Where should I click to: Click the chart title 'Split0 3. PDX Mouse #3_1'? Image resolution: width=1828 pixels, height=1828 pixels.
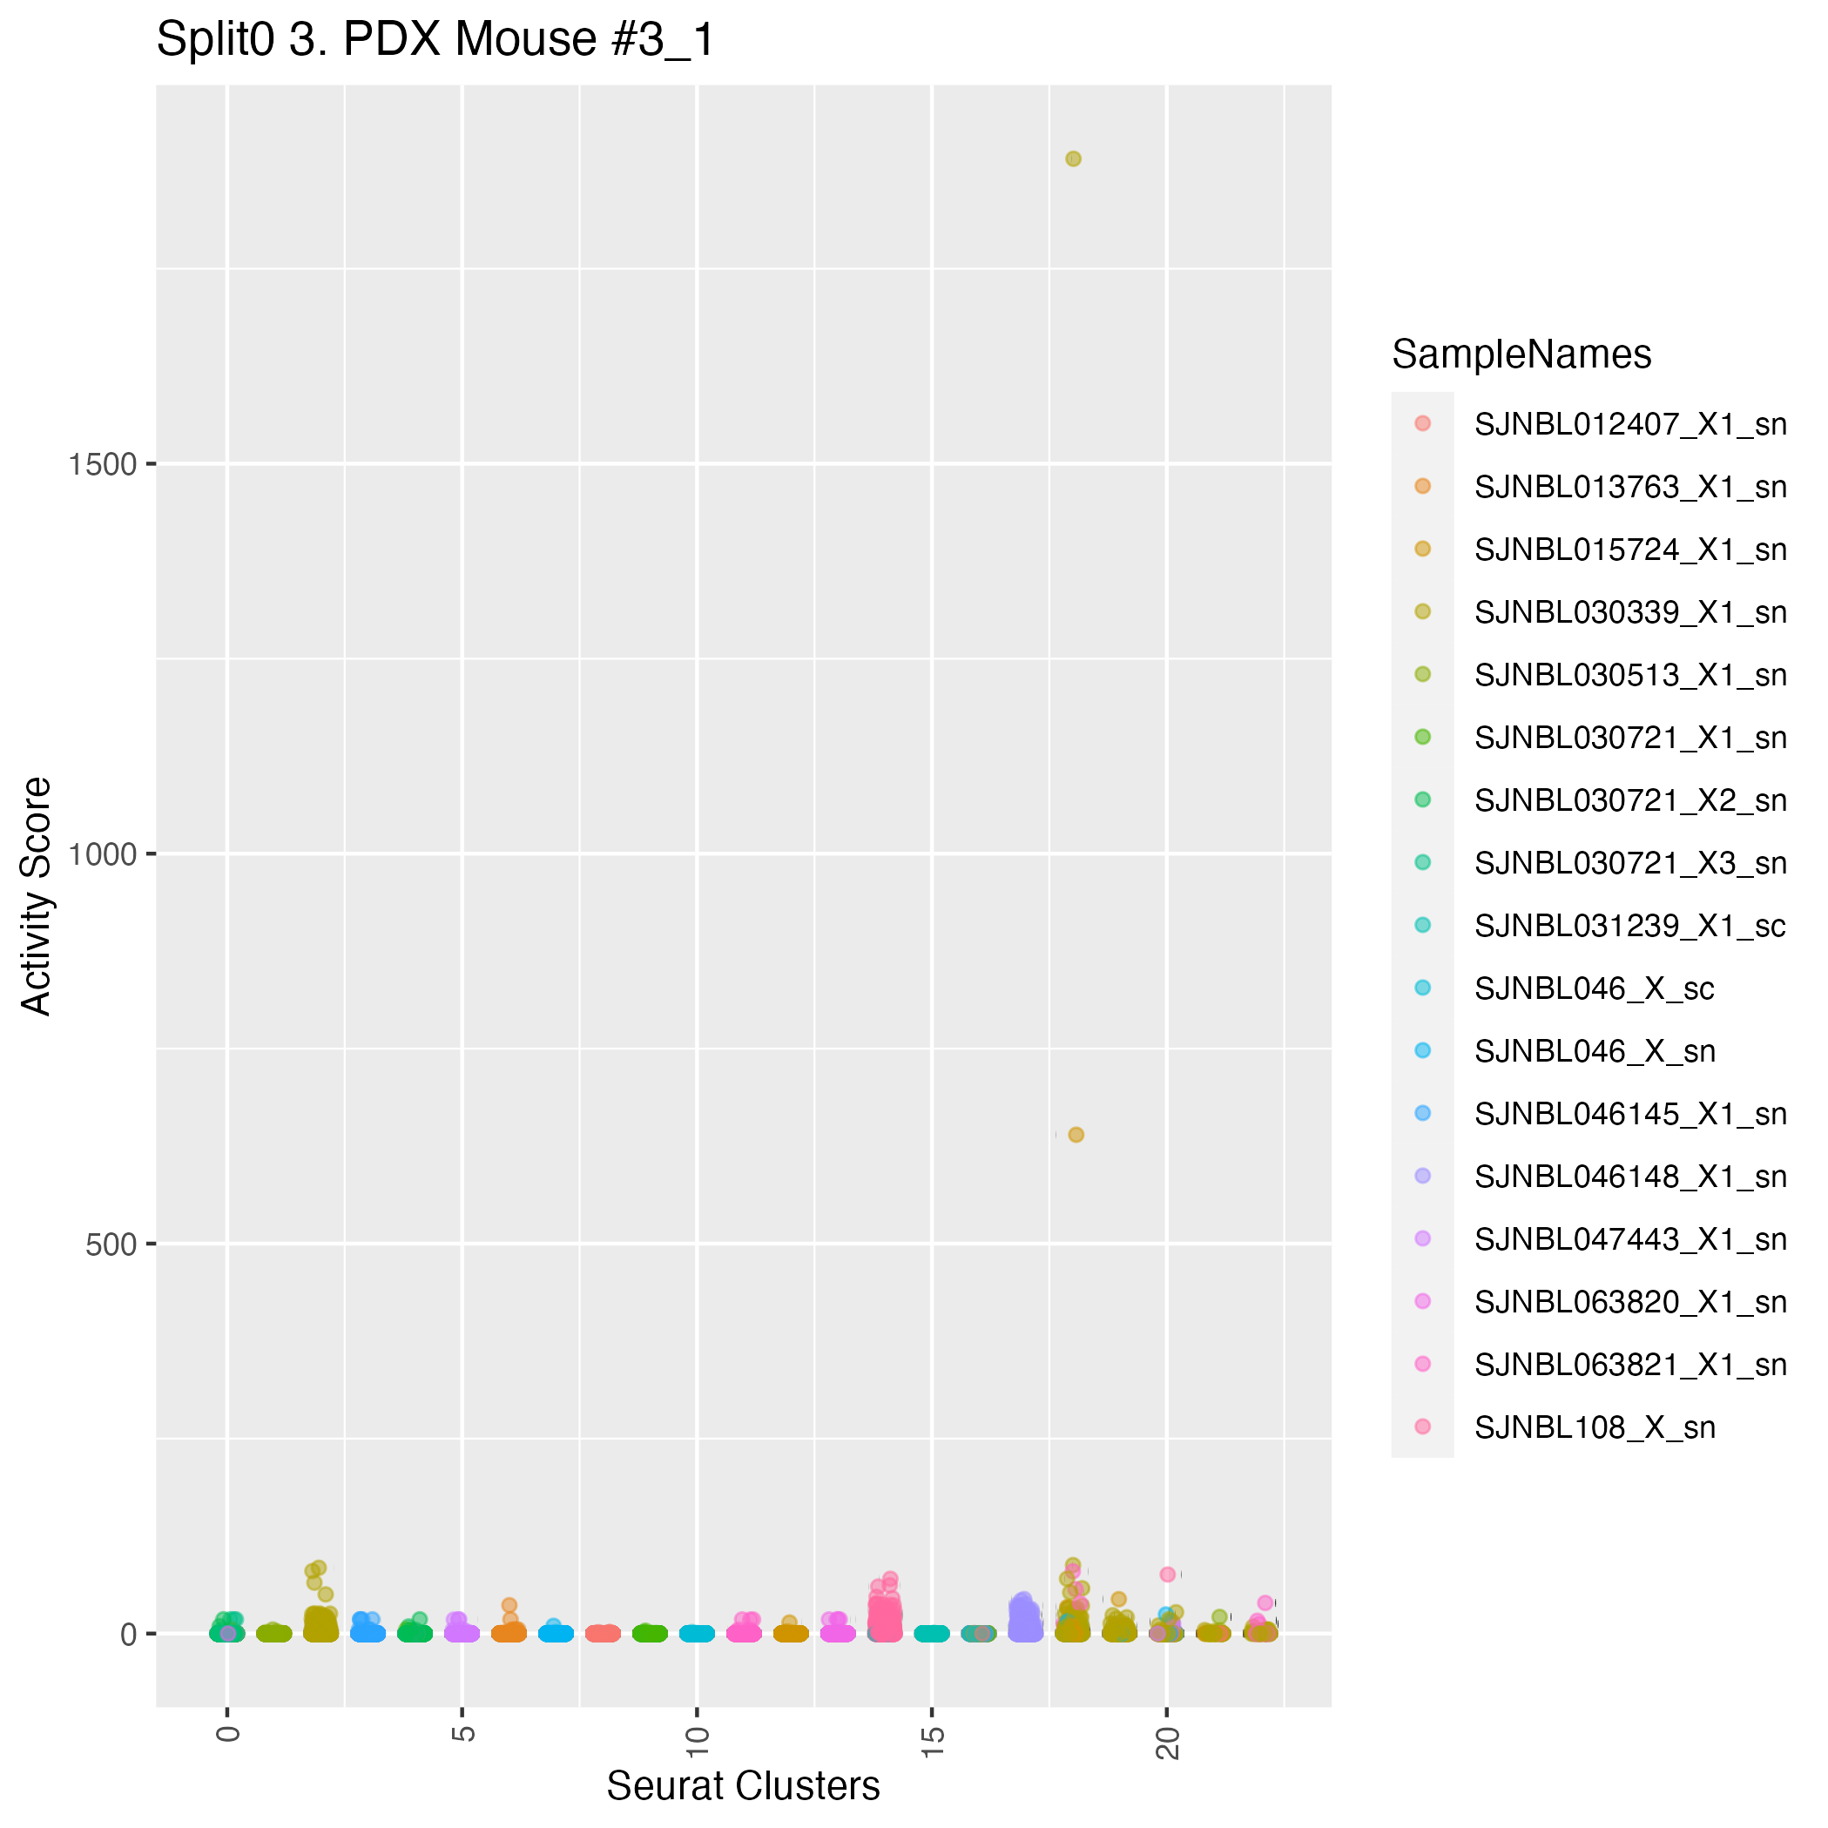click(x=435, y=41)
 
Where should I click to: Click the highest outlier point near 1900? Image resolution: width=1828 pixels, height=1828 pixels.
click(x=1073, y=159)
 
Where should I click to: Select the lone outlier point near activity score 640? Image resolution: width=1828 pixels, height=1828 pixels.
click(x=1076, y=1135)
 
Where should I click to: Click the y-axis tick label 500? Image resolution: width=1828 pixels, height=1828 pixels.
click(x=111, y=1245)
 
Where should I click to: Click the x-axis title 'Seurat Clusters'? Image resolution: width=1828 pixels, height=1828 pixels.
click(x=743, y=1786)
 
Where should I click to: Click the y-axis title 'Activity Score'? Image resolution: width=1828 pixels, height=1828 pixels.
click(x=37, y=895)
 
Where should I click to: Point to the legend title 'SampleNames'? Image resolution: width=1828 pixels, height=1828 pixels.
click(x=1521, y=354)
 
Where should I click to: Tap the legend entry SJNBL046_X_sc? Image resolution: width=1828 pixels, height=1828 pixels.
click(x=1594, y=988)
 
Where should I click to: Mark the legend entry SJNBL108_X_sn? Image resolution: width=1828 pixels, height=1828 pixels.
click(x=1594, y=1427)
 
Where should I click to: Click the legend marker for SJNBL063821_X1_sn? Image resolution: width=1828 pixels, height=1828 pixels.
click(x=1422, y=1364)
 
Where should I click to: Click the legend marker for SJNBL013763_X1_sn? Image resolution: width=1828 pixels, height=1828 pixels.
click(x=1422, y=486)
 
